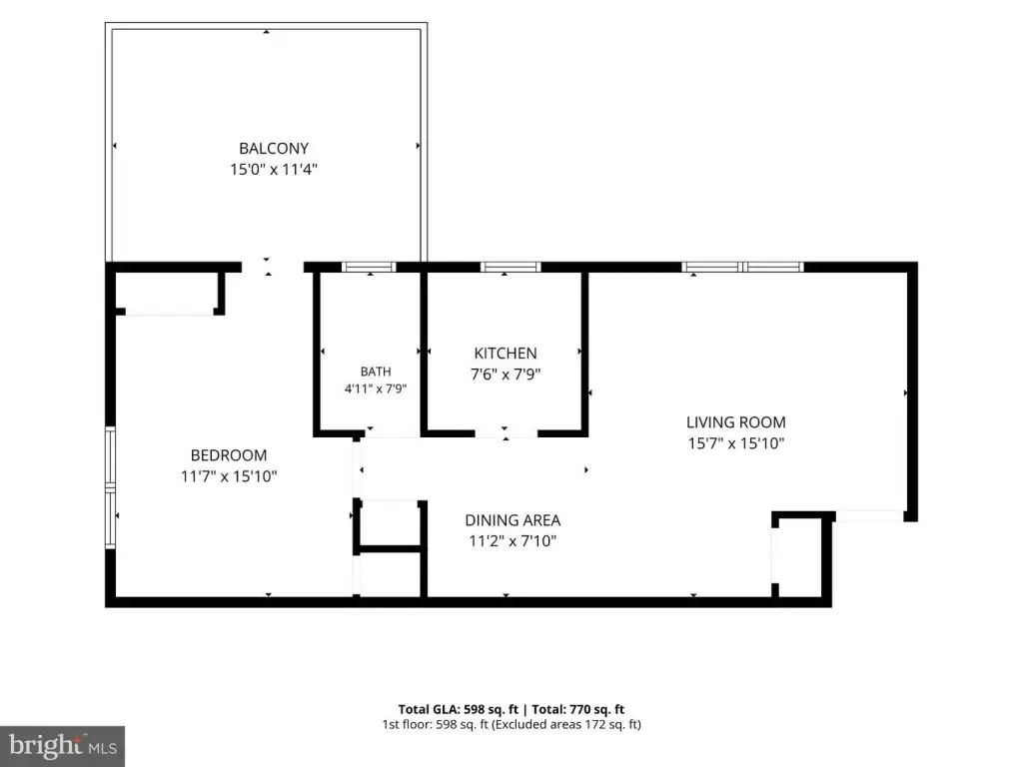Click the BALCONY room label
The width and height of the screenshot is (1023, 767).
pyautogui.click(x=274, y=149)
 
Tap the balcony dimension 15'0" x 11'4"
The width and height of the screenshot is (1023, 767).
pyautogui.click(x=274, y=170)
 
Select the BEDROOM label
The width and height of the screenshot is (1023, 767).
pyautogui.click(x=229, y=455)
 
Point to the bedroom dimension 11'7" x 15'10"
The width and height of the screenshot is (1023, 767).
pyautogui.click(x=229, y=476)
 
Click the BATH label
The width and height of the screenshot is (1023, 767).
pyautogui.click(x=376, y=372)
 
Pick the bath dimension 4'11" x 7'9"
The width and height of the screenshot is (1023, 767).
pyautogui.click(x=376, y=389)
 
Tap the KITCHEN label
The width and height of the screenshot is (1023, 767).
pyautogui.click(x=506, y=354)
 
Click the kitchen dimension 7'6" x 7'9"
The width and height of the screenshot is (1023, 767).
pyautogui.click(x=506, y=375)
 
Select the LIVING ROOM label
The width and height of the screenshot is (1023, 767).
pyautogui.click(x=736, y=422)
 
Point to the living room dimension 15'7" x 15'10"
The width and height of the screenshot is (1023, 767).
pyautogui.click(x=736, y=443)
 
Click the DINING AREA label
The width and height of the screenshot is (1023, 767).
pyautogui.click(x=512, y=520)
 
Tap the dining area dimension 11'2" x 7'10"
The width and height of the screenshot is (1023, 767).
pyautogui.click(x=512, y=541)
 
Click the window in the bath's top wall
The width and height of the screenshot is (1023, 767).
pyautogui.click(x=370, y=267)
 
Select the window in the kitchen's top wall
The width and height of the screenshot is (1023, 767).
pyautogui.click(x=511, y=267)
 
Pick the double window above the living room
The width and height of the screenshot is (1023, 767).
pyautogui.click(x=742, y=267)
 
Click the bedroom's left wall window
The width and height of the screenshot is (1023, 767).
pyautogui.click(x=111, y=487)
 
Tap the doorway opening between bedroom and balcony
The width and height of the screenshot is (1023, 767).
pyautogui.click(x=273, y=267)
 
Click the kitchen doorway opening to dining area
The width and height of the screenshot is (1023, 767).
pyautogui.click(x=507, y=433)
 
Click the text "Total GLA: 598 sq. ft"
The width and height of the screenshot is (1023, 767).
pyautogui.click(x=458, y=710)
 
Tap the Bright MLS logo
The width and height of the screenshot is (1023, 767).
pyautogui.click(x=62, y=746)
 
